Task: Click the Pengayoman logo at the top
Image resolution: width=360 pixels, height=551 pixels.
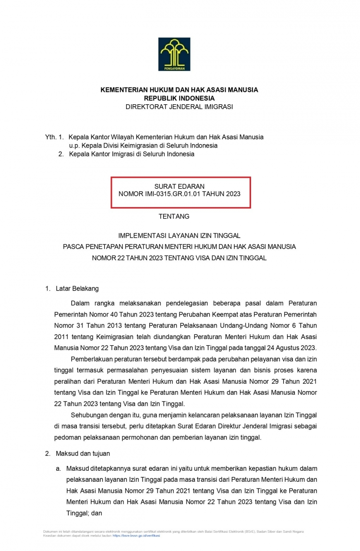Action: click(x=175, y=54)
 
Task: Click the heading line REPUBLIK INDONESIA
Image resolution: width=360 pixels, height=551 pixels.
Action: click(x=179, y=98)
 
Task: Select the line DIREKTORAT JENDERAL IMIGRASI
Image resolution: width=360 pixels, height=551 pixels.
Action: click(x=179, y=107)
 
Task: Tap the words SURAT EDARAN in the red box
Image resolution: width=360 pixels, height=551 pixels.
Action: click(x=179, y=186)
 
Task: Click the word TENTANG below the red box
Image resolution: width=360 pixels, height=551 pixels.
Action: click(x=174, y=217)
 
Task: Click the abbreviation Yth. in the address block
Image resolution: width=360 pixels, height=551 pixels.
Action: click(x=50, y=137)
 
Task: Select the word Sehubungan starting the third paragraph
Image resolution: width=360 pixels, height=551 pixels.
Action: click(x=88, y=414)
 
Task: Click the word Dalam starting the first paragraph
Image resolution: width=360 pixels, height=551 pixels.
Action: click(x=80, y=303)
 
